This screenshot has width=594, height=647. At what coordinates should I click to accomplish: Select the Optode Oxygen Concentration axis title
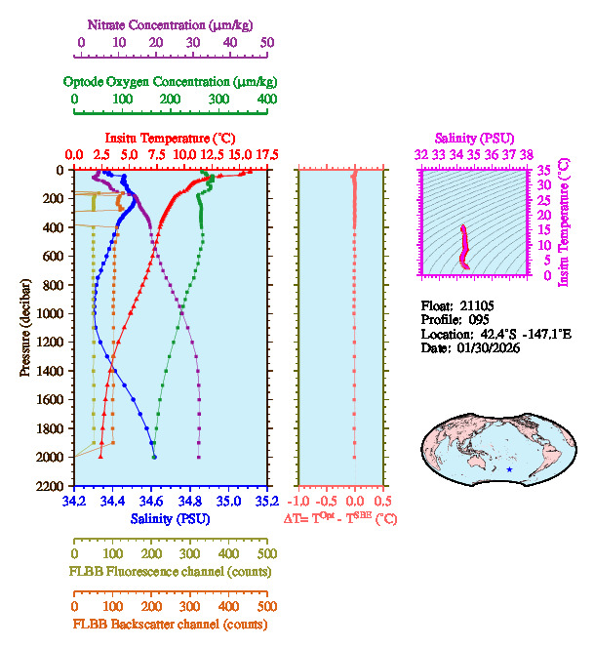(170, 81)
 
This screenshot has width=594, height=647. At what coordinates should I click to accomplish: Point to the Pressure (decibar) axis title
(25, 328)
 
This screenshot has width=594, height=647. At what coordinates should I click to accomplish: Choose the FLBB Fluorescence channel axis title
(169, 570)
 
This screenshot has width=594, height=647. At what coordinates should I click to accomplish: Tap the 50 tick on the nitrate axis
(267, 43)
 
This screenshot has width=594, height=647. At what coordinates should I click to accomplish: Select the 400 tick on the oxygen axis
(266, 100)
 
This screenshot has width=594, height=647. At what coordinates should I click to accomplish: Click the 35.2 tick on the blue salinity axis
(265, 502)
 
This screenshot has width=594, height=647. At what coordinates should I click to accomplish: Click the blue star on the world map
(508, 470)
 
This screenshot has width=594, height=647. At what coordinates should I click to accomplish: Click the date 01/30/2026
(484, 347)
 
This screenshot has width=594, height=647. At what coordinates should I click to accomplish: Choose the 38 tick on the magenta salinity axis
(527, 154)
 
